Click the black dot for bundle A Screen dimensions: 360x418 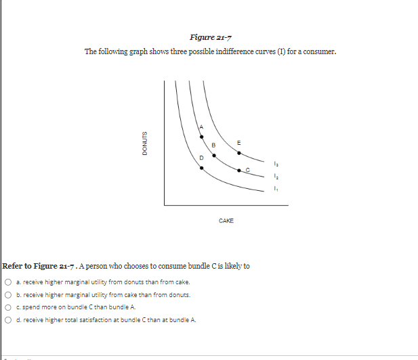click(201, 137)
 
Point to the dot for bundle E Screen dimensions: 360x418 click(238, 152)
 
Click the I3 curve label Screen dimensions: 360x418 click(275, 164)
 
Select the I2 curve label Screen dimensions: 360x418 click(275, 177)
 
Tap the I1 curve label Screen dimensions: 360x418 click(275, 189)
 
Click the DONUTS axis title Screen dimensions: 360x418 click(144, 143)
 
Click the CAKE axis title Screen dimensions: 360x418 click(226, 221)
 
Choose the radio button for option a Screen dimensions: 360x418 click(7, 282)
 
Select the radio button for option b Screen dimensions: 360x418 click(7, 294)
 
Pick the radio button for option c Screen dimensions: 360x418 click(7, 307)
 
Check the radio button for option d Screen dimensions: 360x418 click(7, 319)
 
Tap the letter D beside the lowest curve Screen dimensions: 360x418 click(200, 158)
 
